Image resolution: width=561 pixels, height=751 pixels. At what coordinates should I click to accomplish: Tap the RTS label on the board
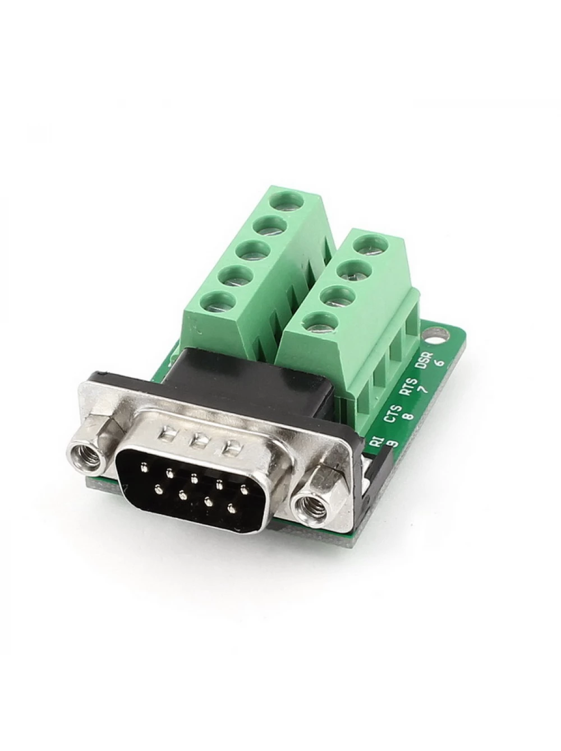[410, 386]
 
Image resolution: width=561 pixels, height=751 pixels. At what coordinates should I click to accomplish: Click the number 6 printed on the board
[441, 361]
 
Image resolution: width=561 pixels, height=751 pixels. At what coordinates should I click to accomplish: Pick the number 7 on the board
[424, 389]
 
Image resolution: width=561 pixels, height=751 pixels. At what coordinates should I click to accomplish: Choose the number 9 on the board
[393, 443]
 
